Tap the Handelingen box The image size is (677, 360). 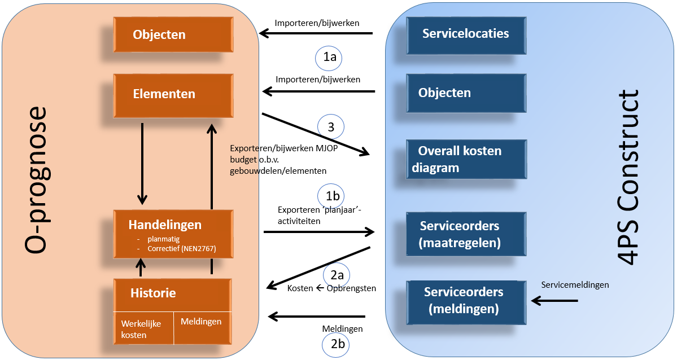click(x=173, y=234)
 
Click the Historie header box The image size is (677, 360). click(x=173, y=294)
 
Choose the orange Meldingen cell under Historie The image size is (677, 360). click(x=202, y=327)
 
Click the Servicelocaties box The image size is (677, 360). click(x=465, y=34)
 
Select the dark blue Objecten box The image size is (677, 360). click(x=465, y=93)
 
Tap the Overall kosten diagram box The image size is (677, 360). click(x=465, y=160)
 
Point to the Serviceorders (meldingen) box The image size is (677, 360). click(x=465, y=301)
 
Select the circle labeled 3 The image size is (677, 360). click(x=331, y=128)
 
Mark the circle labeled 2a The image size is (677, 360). click(x=337, y=275)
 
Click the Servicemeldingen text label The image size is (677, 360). click(x=575, y=285)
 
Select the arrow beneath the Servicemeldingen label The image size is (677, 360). click(x=555, y=301)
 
